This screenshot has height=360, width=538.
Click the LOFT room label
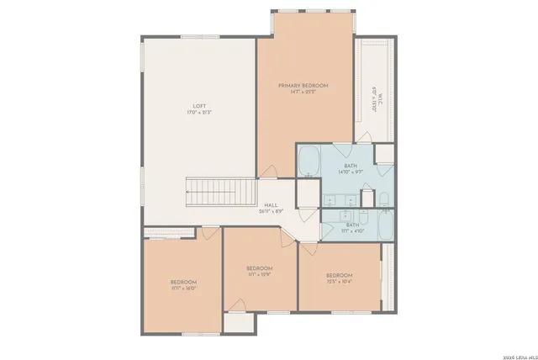[198, 106]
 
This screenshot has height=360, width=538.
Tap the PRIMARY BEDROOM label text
[303, 86]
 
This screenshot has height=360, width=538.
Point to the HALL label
[271, 204]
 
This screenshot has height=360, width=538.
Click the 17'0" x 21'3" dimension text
[198, 113]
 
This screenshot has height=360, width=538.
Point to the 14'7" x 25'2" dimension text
[303, 93]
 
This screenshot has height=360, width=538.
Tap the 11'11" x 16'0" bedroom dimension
[183, 289]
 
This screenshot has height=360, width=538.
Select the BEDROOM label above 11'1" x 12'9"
[259, 267]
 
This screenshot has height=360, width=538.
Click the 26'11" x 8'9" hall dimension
[271, 211]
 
